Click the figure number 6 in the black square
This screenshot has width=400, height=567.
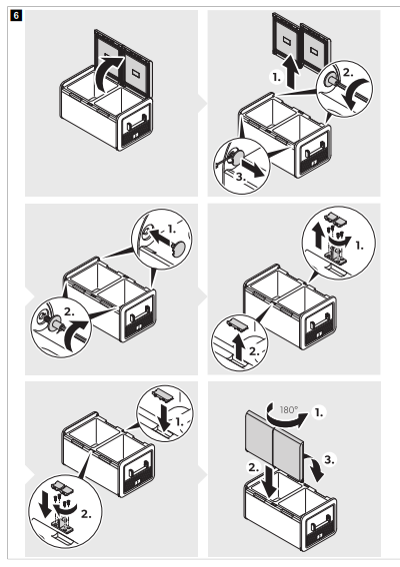(16, 16)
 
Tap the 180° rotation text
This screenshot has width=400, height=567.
(289, 409)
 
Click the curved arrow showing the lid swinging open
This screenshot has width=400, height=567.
(109, 72)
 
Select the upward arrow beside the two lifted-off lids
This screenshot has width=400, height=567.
(292, 71)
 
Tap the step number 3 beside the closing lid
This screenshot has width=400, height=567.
(329, 460)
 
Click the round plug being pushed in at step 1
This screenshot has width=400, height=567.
(178, 249)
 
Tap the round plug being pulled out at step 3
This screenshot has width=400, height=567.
(236, 158)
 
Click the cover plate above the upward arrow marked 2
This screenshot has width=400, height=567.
(238, 322)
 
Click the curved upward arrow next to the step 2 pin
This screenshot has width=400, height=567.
(75, 335)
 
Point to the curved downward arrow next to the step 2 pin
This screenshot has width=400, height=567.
(356, 95)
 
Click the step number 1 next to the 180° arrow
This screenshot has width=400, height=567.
(319, 412)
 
